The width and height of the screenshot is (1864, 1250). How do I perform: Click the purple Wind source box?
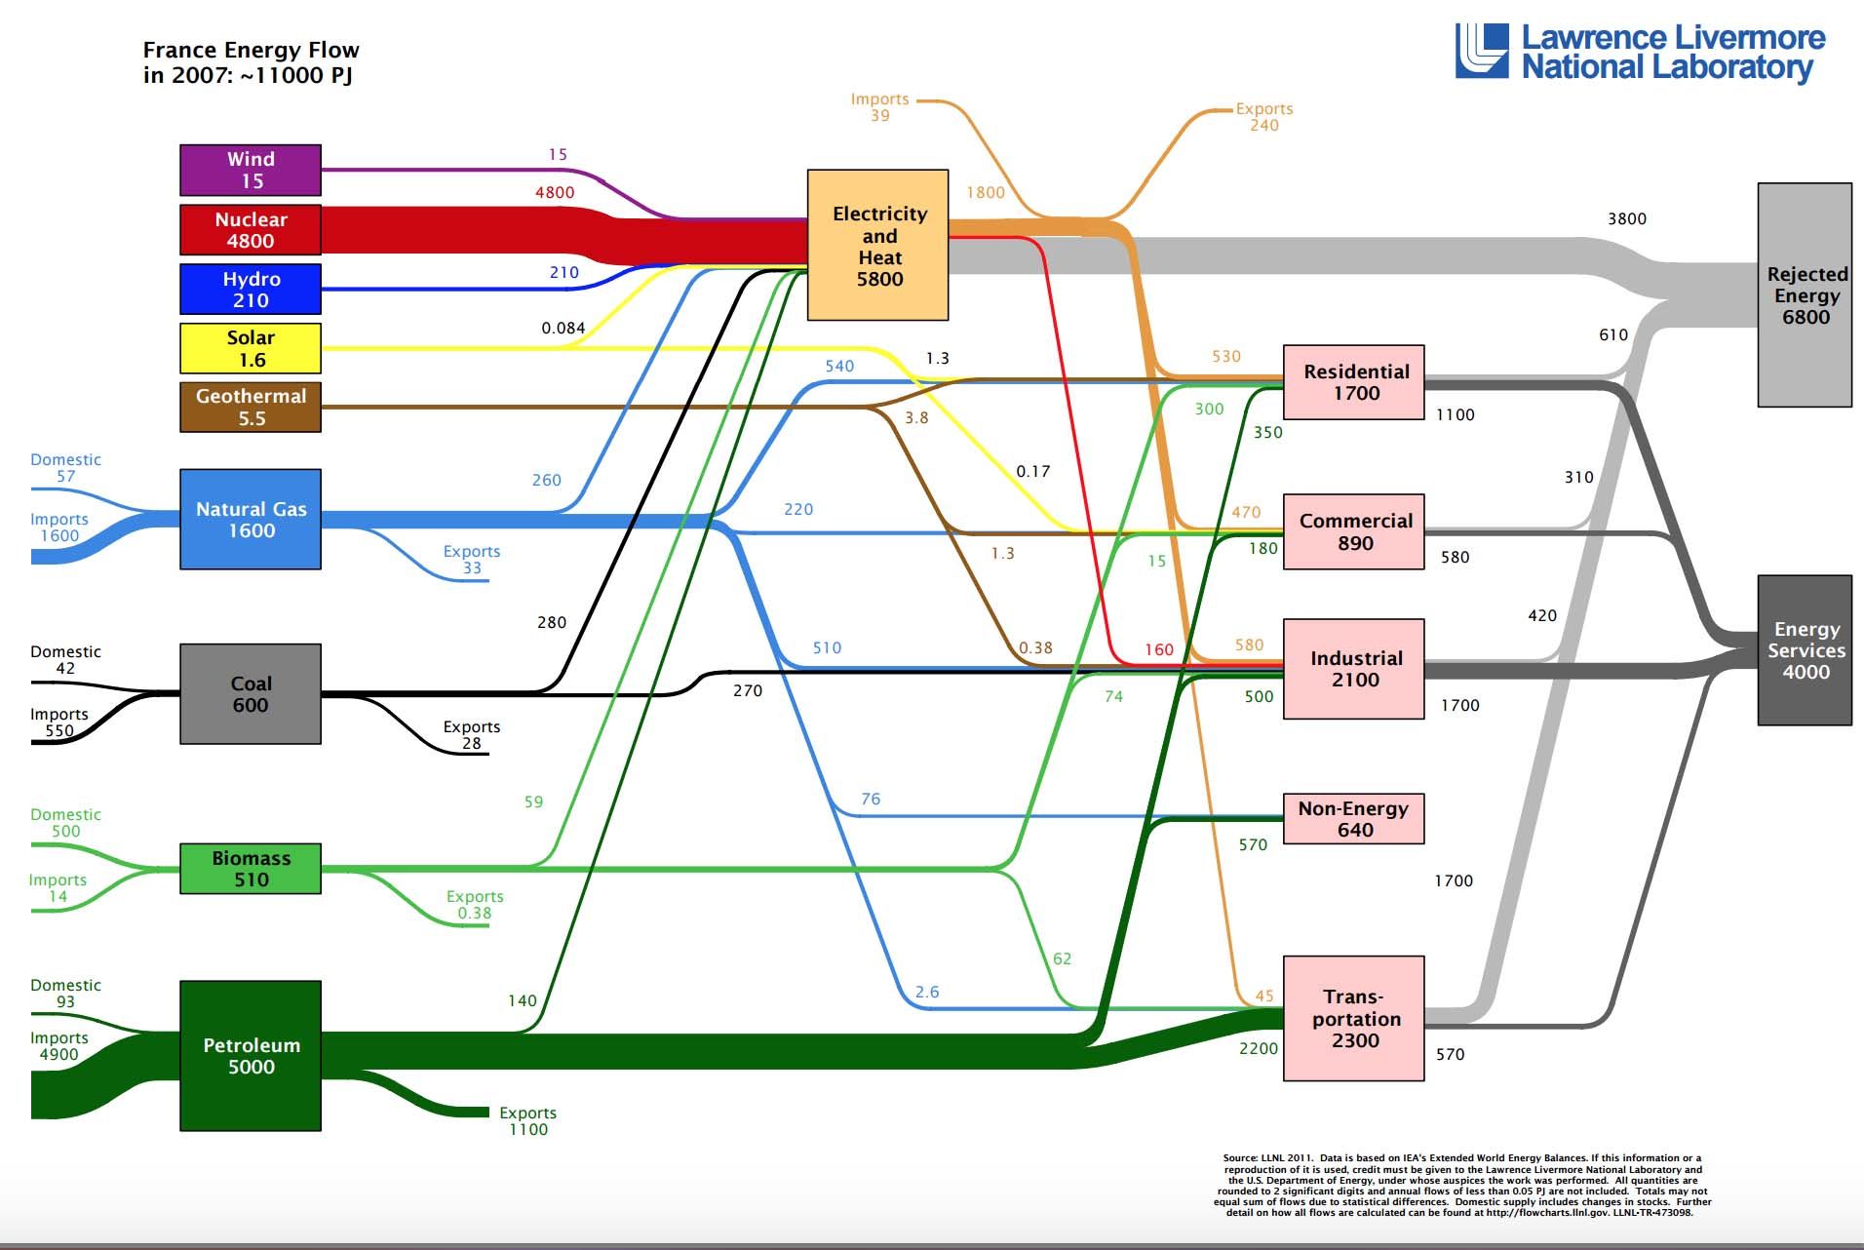[251, 170]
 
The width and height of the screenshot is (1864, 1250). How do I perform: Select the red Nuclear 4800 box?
[251, 230]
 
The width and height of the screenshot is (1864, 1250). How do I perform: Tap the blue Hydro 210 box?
[251, 290]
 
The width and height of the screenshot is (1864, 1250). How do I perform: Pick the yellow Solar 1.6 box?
[251, 348]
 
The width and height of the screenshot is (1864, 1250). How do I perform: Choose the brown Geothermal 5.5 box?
[251, 407]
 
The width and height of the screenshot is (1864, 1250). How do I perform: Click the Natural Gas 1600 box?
[251, 520]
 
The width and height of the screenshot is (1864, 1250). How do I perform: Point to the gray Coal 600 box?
[251, 694]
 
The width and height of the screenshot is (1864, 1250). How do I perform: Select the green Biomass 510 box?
[251, 869]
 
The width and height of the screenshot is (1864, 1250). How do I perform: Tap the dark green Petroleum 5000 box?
[251, 1056]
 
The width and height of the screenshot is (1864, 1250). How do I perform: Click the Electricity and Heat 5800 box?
[878, 245]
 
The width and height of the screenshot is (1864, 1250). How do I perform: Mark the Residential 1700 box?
[1354, 382]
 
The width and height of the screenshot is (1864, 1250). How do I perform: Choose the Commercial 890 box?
[1354, 531]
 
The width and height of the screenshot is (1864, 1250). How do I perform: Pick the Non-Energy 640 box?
[1354, 819]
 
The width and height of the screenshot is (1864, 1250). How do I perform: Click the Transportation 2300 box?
[1354, 1019]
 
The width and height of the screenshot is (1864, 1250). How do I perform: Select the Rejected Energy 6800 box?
[1805, 294]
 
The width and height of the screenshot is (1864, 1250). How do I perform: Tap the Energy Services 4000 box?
[1805, 650]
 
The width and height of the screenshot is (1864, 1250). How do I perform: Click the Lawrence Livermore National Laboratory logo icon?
[1482, 51]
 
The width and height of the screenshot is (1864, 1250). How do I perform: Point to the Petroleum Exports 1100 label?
[527, 1121]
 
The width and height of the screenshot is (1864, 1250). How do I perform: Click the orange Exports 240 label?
[1264, 117]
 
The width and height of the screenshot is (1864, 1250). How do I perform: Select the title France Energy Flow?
[252, 50]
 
